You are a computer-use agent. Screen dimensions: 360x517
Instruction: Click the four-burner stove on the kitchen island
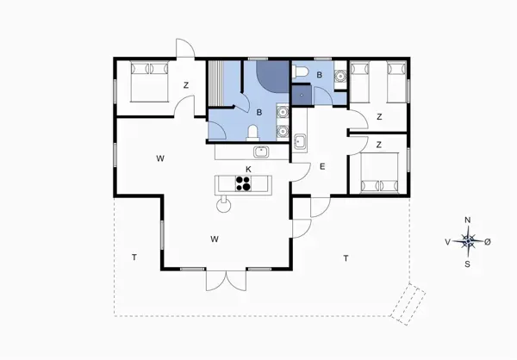pos(244,183)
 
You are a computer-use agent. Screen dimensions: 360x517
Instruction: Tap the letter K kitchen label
pos(248,168)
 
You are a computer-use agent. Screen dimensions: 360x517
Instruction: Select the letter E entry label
pos(322,167)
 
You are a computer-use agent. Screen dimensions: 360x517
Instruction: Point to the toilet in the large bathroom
pos(252,132)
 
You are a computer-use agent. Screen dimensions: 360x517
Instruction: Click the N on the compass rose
pos(468,220)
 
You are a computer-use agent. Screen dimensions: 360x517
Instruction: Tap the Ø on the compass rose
pos(488,242)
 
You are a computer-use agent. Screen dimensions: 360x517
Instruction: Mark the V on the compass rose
pos(447,242)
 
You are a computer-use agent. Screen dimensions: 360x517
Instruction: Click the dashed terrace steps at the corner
pos(408,303)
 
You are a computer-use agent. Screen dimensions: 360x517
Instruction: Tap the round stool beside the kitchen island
pos(225,204)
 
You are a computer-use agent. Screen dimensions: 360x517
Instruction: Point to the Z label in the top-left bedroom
pos(186,84)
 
